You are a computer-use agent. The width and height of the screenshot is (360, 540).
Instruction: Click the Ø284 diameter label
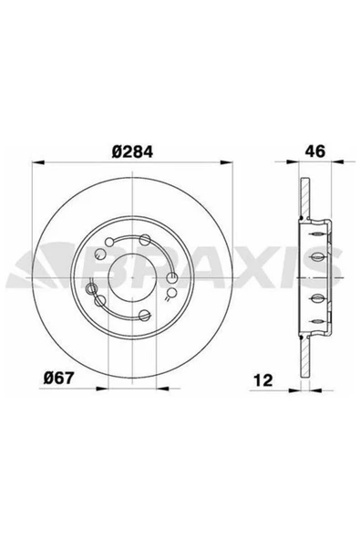132,151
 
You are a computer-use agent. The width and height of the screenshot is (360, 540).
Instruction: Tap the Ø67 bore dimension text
58,379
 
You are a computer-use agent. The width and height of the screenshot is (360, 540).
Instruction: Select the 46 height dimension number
314,151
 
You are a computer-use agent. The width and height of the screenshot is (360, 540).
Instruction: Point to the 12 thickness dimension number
263,379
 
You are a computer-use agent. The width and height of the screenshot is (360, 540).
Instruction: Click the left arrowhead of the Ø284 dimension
38,162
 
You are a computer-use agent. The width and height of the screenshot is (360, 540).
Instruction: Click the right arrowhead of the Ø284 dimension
226,162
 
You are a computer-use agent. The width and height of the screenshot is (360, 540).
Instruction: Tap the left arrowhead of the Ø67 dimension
102,389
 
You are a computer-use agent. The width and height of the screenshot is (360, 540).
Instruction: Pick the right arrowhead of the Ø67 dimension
162,389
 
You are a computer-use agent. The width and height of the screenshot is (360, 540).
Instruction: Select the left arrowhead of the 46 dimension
293,161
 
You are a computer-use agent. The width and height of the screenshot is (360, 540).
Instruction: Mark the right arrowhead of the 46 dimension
337,161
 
